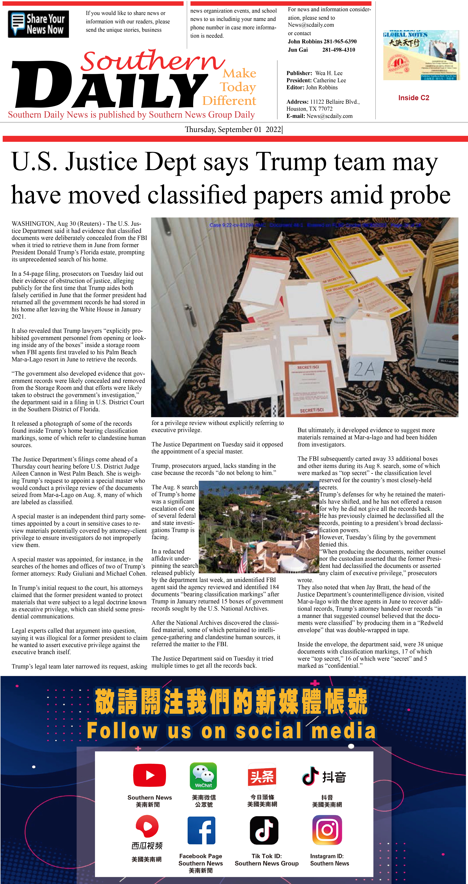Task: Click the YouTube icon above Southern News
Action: [x=150, y=775]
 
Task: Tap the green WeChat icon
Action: [x=203, y=776]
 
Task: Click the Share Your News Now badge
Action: [x=38, y=24]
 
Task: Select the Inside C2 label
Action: [x=413, y=98]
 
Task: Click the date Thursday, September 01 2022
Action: [x=233, y=129]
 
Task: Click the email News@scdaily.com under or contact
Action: [x=311, y=25]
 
